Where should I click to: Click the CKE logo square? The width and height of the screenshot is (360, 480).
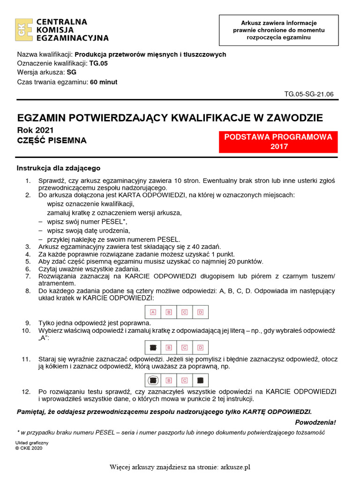23,30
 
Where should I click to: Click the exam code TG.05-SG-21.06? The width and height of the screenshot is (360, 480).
309,94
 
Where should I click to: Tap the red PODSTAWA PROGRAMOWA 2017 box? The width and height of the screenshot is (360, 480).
278,142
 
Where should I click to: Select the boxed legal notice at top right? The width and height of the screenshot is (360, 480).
278,30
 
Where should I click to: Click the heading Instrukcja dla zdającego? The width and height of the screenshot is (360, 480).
59,168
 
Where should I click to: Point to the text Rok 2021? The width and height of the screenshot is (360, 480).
35,130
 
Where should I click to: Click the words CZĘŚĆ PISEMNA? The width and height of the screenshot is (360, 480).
52,140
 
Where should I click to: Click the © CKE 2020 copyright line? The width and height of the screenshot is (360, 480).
29,448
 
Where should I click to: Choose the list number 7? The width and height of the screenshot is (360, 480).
28,277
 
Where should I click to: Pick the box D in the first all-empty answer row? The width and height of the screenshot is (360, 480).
200,312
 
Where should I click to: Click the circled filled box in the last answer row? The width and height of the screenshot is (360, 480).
153,380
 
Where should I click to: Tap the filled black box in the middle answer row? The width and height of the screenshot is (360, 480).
153,347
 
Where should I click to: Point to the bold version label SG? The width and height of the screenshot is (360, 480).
72,73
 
